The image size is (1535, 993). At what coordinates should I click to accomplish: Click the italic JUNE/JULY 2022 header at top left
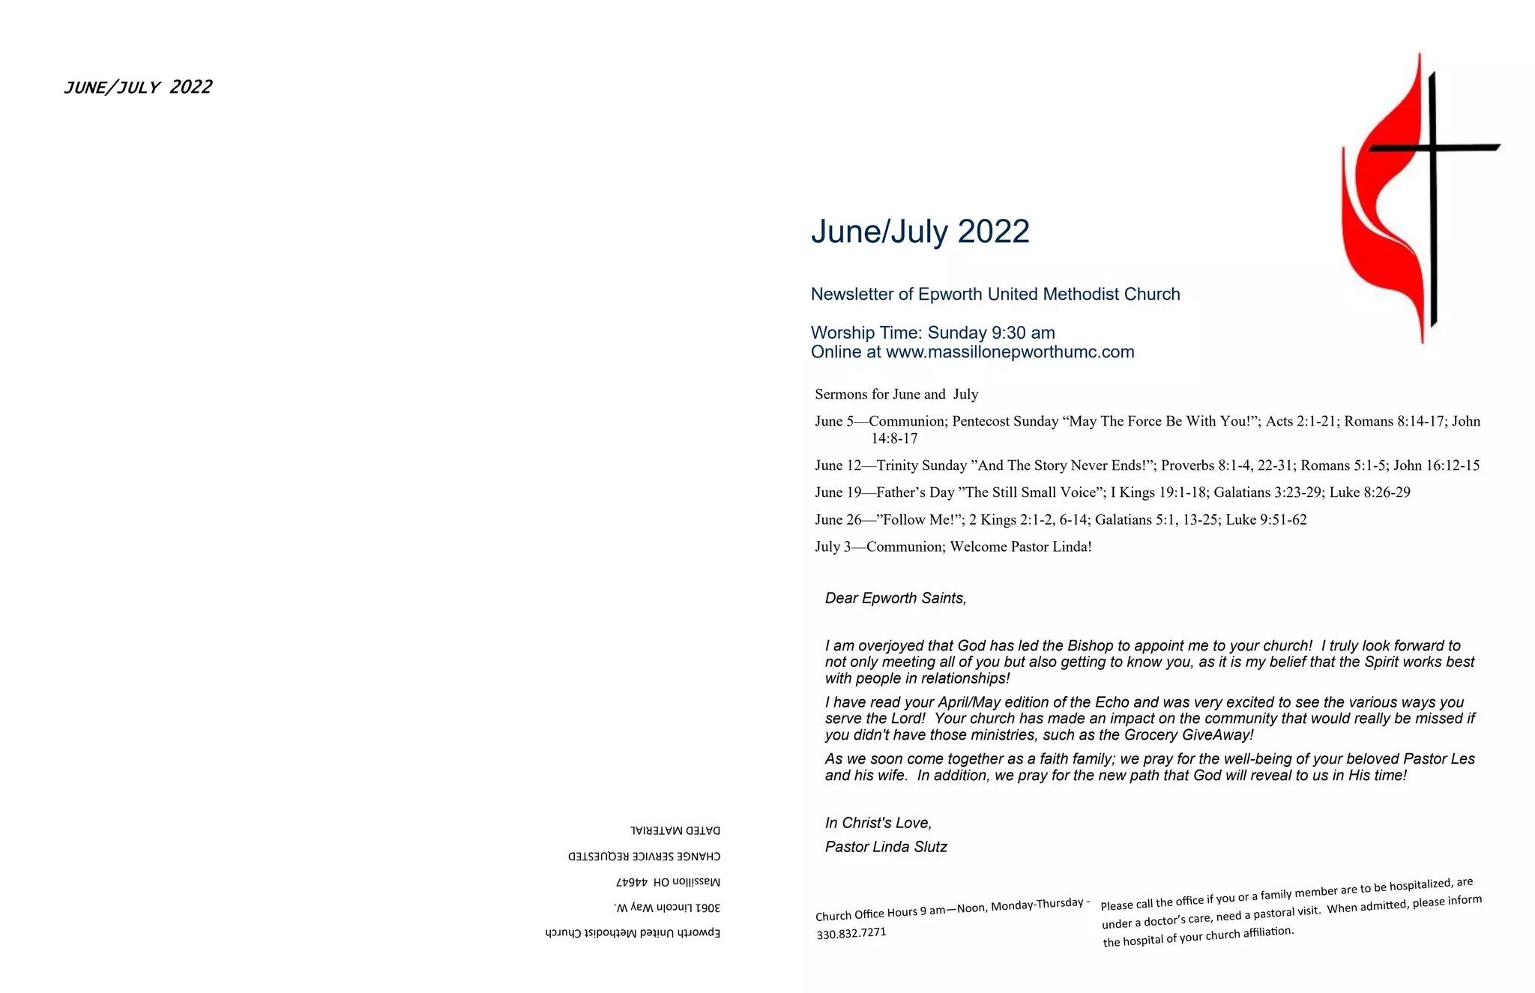coord(138,88)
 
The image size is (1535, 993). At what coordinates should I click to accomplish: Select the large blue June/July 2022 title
coord(920,232)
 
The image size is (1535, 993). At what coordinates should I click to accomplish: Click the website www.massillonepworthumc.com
coord(1010,352)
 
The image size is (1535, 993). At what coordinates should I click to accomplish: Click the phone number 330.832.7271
coord(851,933)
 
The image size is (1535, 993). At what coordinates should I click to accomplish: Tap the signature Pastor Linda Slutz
coord(885,847)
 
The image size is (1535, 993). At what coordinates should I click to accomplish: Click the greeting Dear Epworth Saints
coord(895,598)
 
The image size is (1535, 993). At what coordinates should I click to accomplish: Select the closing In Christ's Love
coord(878,823)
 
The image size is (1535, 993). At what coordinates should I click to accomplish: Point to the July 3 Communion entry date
coord(833,546)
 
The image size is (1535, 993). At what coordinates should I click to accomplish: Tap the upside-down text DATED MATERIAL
coord(675,830)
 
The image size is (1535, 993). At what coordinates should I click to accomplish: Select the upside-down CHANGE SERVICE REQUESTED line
coord(644,856)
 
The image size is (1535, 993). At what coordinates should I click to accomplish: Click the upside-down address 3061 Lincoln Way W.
coord(666,908)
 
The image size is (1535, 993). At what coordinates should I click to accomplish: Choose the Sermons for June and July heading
coord(896,394)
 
